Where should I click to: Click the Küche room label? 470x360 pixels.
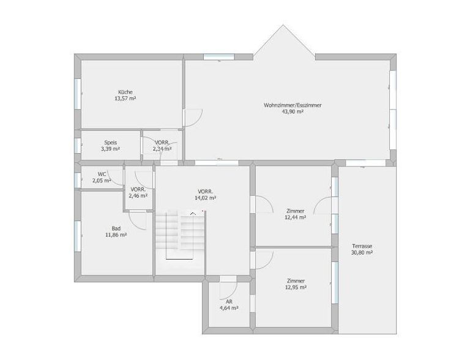click(125, 92)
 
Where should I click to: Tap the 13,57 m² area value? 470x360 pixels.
click(125, 99)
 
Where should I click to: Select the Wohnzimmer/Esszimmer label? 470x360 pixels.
click(293, 105)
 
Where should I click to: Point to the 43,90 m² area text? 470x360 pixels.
click(293, 111)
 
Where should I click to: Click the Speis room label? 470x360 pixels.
click(111, 143)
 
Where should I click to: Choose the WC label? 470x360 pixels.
click(102, 174)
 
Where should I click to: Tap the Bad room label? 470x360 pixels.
click(116, 228)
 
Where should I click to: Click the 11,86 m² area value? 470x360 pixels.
click(116, 235)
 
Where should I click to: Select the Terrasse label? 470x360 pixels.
click(362, 246)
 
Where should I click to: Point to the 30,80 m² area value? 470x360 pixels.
click(362, 253)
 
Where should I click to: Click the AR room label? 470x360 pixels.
click(229, 302)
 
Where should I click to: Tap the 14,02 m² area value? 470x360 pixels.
click(206, 198)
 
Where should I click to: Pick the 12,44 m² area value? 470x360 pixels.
click(295, 217)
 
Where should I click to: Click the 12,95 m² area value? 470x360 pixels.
click(296, 287)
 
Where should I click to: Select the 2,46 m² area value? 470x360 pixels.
click(138, 196)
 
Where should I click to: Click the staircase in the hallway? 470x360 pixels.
click(180, 234)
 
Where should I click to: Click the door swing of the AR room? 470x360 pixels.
click(233, 293)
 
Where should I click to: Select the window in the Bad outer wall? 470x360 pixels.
click(78, 236)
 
